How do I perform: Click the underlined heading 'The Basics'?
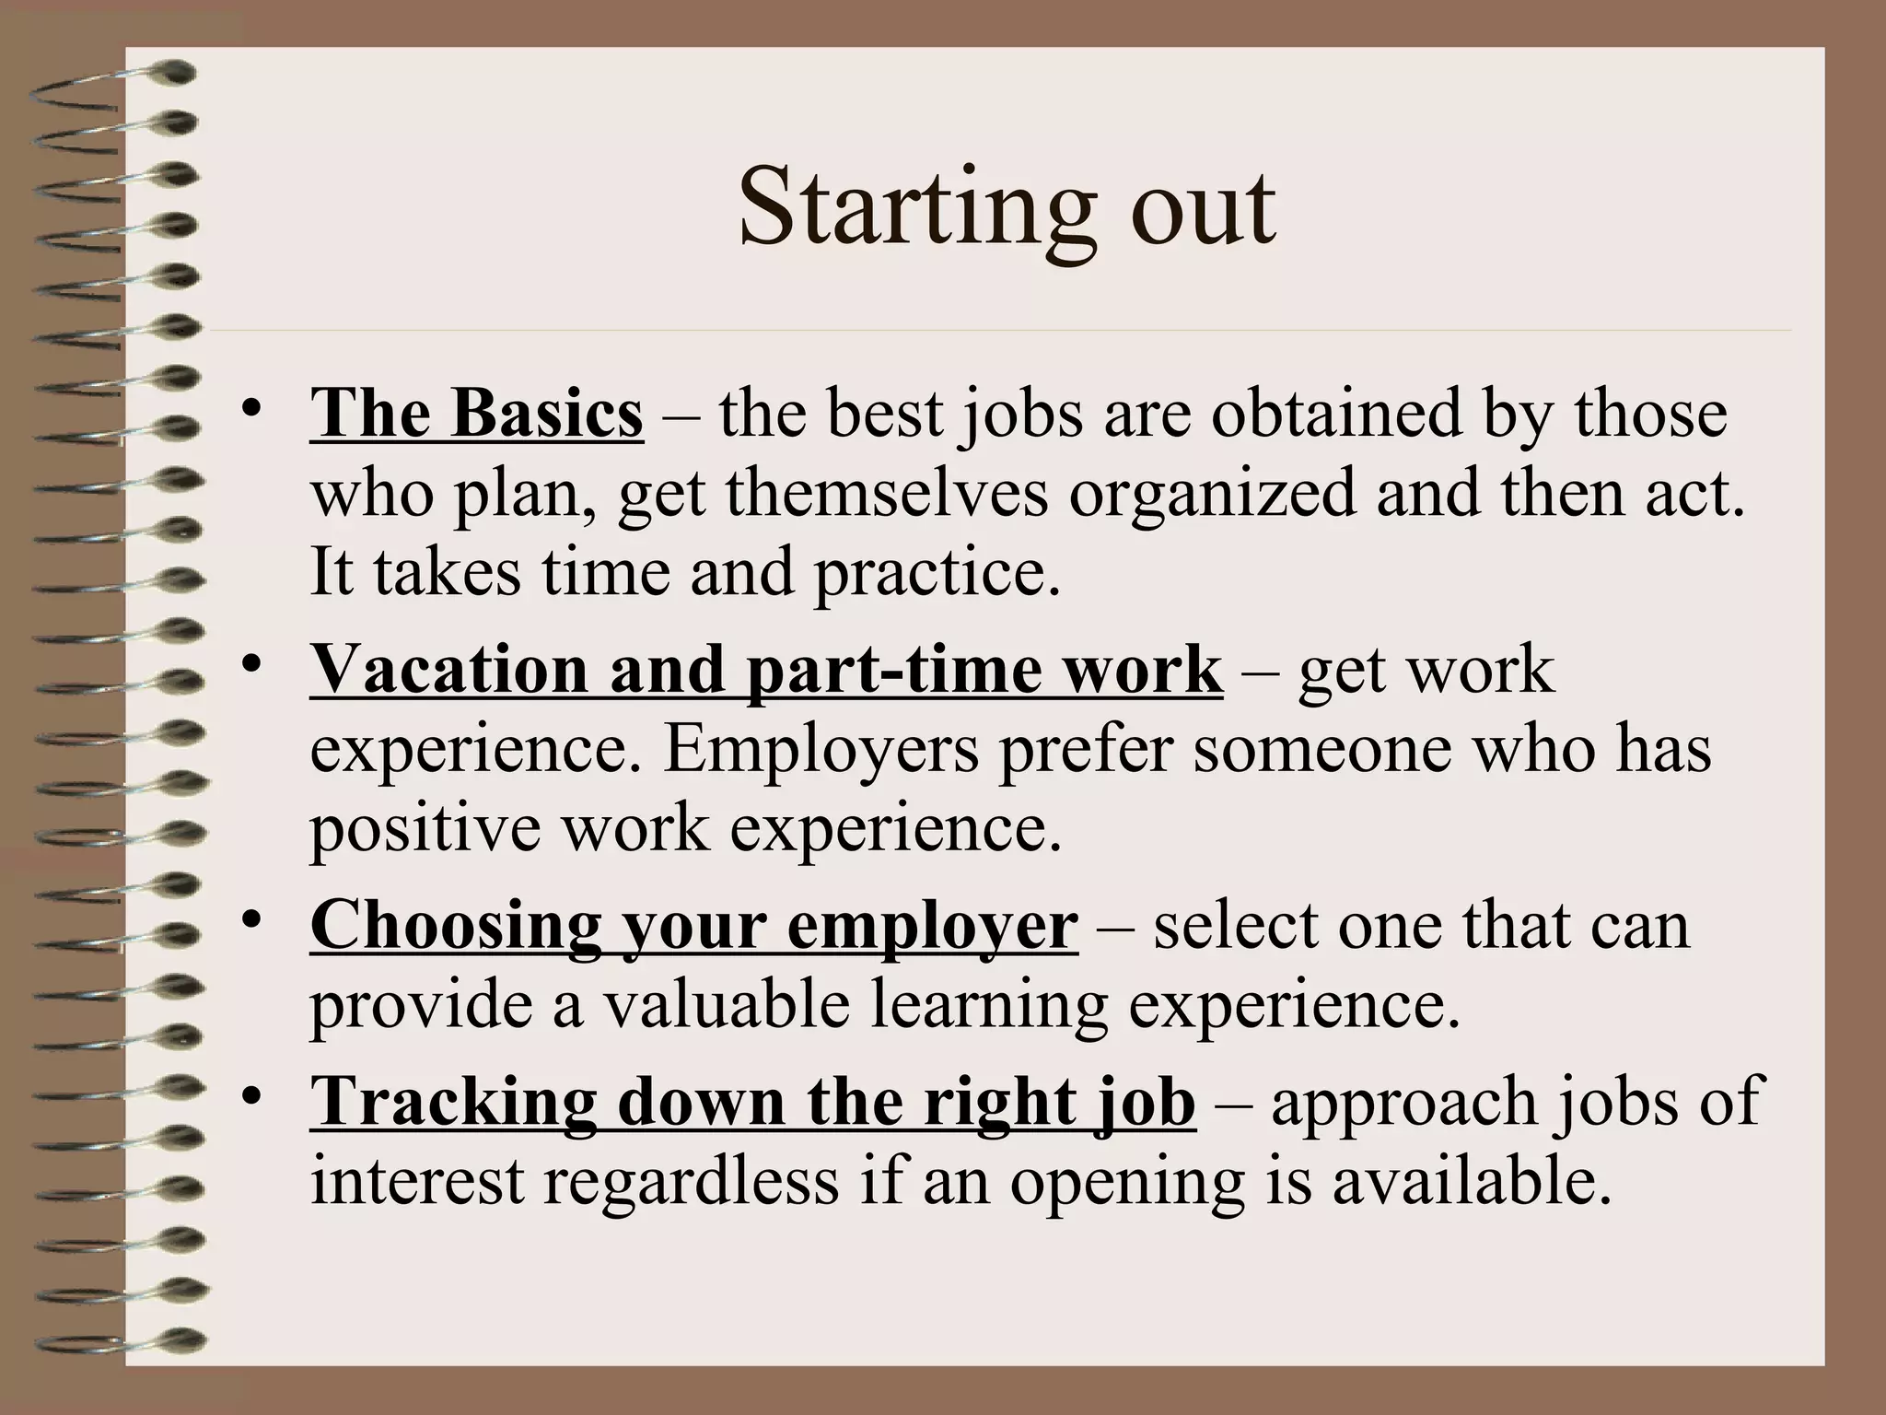click(x=476, y=414)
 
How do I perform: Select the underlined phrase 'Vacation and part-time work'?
click(x=766, y=670)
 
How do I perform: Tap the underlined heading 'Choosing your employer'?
click(x=693, y=925)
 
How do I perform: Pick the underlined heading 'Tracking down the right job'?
click(x=752, y=1102)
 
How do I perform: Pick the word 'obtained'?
click(x=1335, y=414)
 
